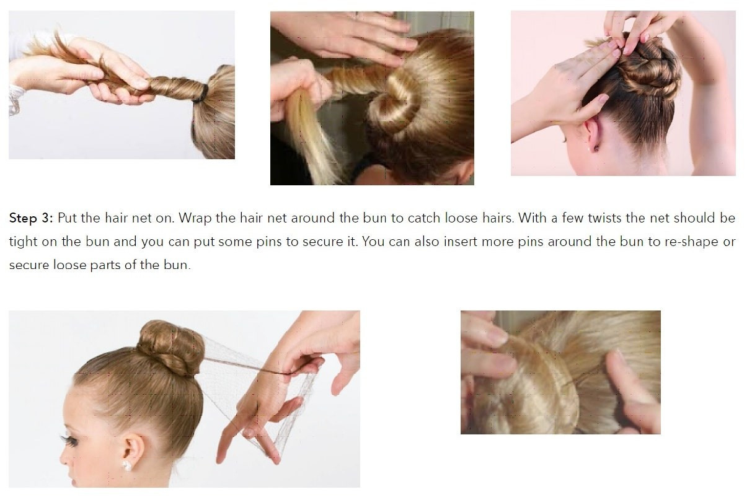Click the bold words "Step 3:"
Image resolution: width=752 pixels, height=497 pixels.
[x=31, y=219]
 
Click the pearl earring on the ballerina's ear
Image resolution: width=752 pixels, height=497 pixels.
[x=127, y=465]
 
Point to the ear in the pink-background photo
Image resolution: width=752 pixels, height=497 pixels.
[x=591, y=134]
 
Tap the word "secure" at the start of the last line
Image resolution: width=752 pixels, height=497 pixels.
[x=29, y=265]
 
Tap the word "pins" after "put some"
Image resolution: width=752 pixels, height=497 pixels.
[x=269, y=242]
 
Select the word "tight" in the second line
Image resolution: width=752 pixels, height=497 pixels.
[x=23, y=242]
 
